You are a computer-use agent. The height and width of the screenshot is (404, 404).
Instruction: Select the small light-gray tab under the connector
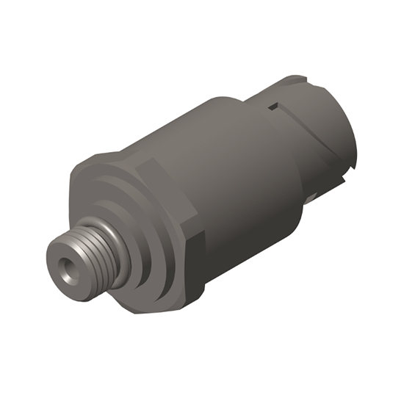pyautogui.click(x=311, y=196)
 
